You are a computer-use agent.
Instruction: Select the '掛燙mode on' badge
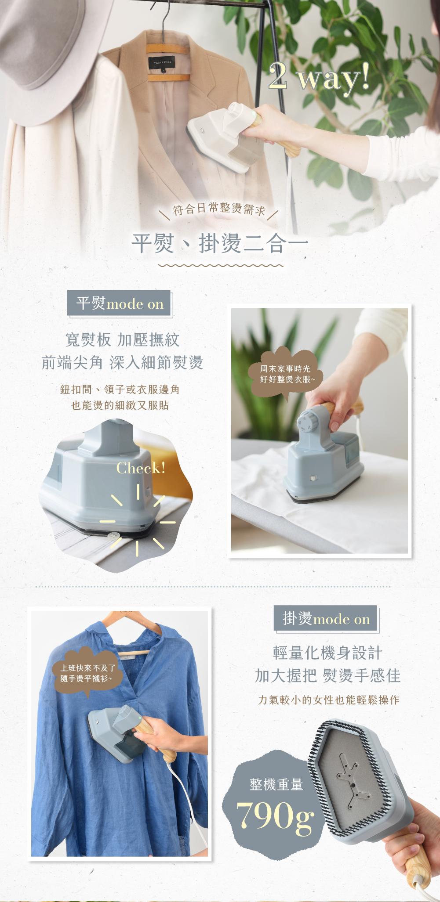326,619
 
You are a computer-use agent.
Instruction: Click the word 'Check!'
141,468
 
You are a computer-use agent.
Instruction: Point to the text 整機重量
276,784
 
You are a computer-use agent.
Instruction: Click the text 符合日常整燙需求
220,209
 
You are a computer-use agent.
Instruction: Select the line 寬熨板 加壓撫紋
122,339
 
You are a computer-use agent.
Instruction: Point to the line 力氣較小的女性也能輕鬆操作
328,700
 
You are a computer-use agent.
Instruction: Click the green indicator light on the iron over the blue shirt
139,718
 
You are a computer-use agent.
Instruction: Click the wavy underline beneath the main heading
220,266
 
